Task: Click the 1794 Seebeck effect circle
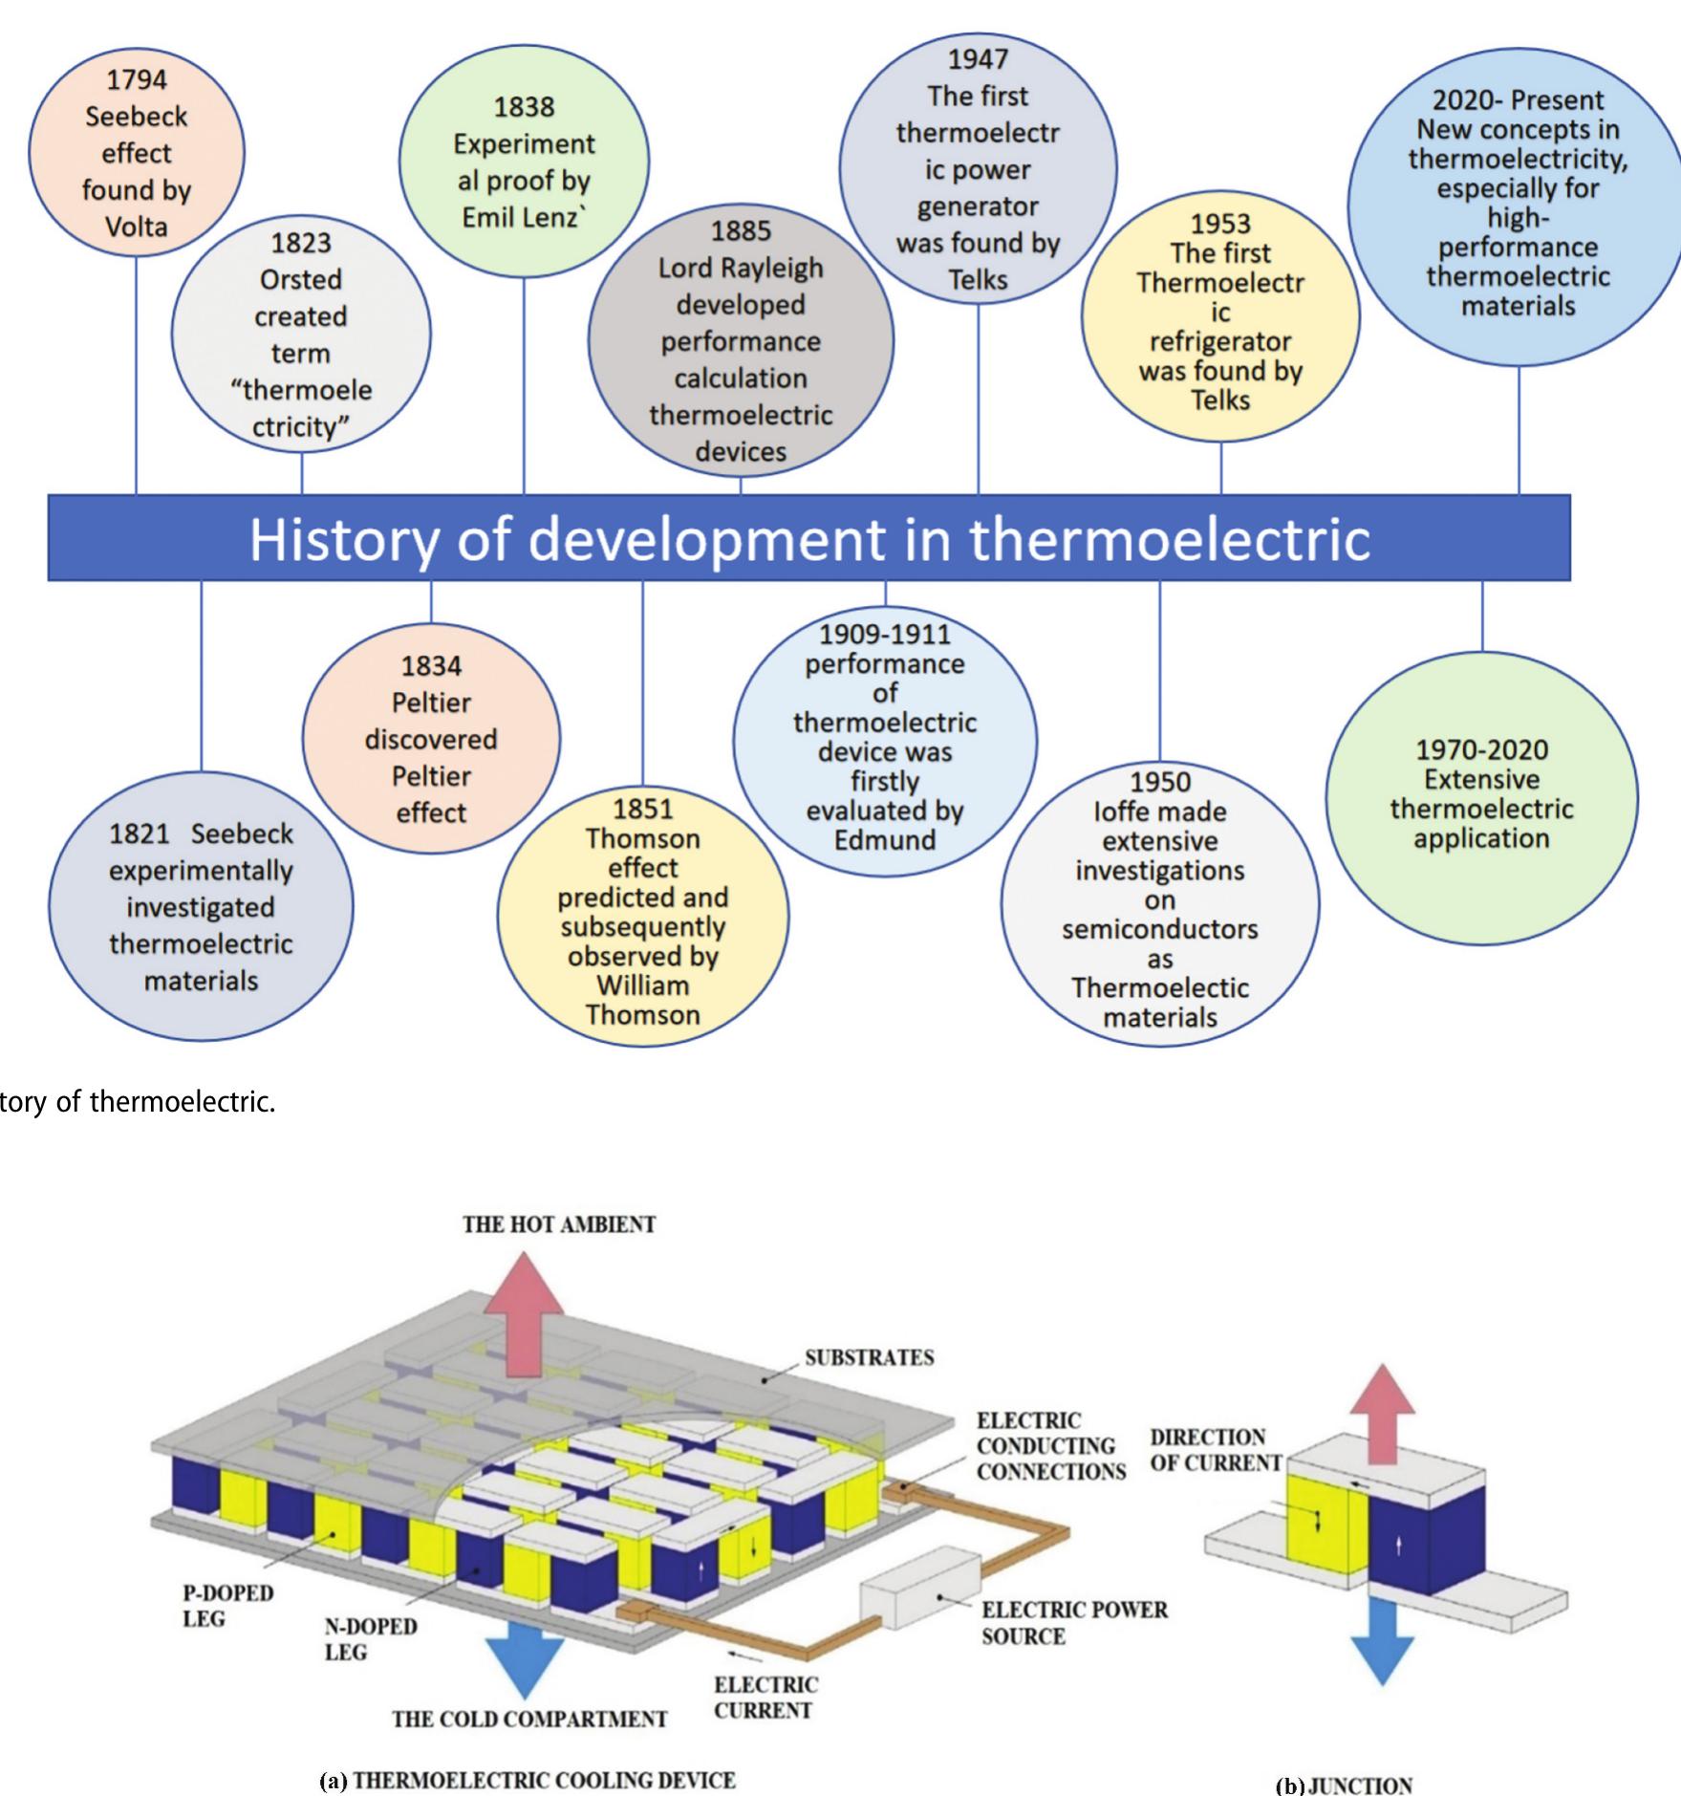136,153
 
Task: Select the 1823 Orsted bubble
301,335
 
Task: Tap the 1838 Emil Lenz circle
524,162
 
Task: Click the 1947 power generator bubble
978,169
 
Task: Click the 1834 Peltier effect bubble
431,739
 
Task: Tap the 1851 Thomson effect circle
643,913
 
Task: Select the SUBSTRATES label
869,1358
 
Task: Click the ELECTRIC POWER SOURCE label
1073,1623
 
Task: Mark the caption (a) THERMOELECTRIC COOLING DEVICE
528,1780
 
